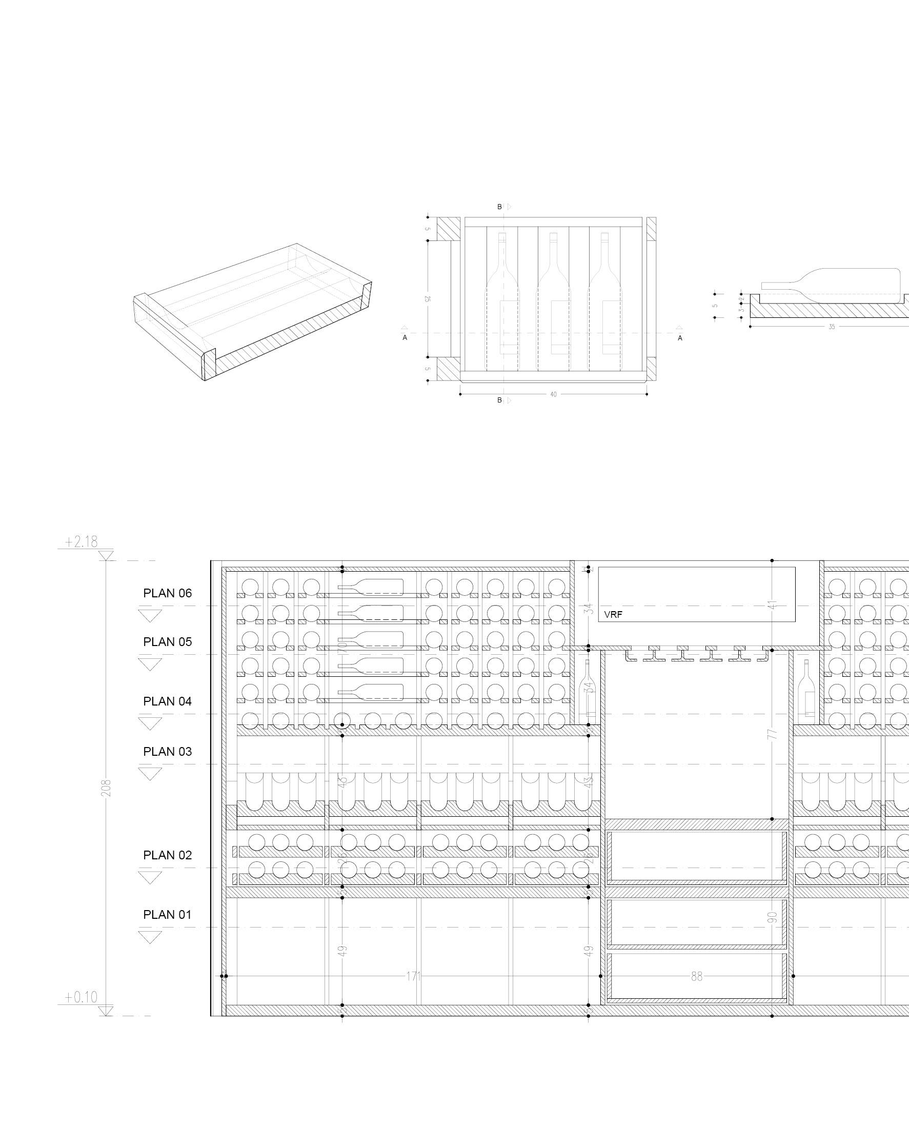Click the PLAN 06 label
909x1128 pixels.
click(168, 593)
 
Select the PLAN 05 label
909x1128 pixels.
click(168, 642)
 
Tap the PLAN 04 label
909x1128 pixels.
click(168, 701)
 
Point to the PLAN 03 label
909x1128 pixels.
click(168, 752)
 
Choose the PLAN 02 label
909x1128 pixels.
click(168, 855)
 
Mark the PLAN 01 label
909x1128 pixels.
click(168, 915)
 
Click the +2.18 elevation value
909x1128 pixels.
click(81, 541)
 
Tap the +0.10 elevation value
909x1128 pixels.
click(81, 997)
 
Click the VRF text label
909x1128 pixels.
click(613, 615)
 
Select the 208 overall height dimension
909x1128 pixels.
click(106, 788)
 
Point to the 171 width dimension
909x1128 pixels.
click(414, 977)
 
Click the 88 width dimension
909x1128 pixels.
click(696, 977)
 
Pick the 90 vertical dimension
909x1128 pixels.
click(772, 917)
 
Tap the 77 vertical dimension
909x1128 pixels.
click(772, 734)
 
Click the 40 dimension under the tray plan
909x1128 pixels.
click(554, 394)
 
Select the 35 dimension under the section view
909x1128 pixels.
click(832, 327)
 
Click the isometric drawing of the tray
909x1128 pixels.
click(252, 311)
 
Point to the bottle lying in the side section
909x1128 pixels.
click(833, 286)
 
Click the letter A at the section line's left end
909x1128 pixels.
click(405, 338)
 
